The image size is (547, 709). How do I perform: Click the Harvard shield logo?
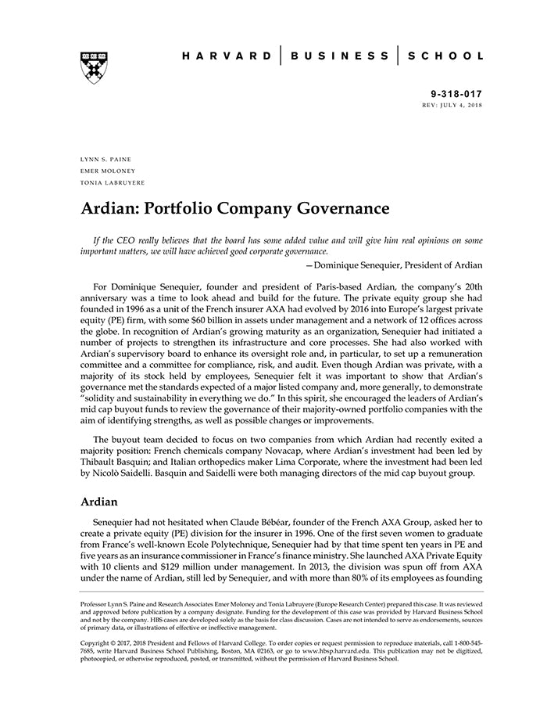[93, 67]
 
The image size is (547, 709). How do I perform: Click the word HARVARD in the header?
[227, 56]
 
